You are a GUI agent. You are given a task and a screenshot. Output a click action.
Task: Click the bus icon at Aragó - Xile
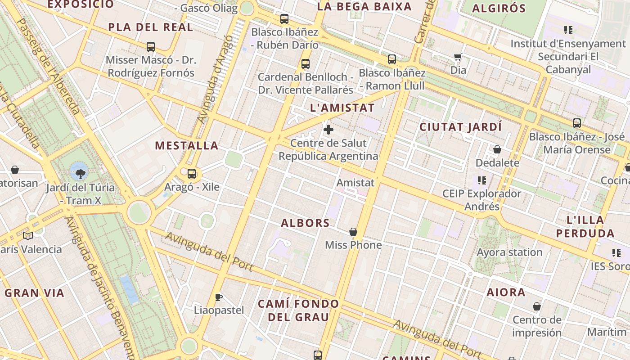192,173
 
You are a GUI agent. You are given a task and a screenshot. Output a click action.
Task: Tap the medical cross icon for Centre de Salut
328,130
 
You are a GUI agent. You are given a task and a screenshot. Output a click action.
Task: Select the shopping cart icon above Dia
458,57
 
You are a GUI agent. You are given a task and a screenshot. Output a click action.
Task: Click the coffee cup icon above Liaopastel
218,297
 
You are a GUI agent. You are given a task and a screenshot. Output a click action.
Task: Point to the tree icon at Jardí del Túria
80,173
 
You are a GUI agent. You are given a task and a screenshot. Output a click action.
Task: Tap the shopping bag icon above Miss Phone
353,232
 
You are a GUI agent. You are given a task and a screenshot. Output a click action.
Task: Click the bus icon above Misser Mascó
151,46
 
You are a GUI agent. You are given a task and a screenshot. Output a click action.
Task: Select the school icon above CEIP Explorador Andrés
482,180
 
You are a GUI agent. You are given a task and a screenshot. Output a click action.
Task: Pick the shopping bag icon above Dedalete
497,149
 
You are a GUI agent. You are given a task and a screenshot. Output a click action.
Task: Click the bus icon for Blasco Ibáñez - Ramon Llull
392,59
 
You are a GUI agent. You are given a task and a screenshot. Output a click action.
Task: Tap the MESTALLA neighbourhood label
187,146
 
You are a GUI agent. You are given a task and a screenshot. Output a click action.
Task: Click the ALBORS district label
306,223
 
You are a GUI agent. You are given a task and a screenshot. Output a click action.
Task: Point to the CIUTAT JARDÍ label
460,127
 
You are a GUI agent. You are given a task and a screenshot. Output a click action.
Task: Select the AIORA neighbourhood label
506,292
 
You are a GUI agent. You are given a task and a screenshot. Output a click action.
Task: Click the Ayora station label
509,252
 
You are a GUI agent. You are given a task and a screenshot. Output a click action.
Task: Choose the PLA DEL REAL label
151,27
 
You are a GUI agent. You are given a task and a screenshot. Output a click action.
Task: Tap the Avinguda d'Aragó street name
216,79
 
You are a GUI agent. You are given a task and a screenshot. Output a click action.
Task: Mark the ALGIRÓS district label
499,8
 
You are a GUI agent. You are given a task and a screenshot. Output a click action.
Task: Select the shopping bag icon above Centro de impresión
536,307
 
